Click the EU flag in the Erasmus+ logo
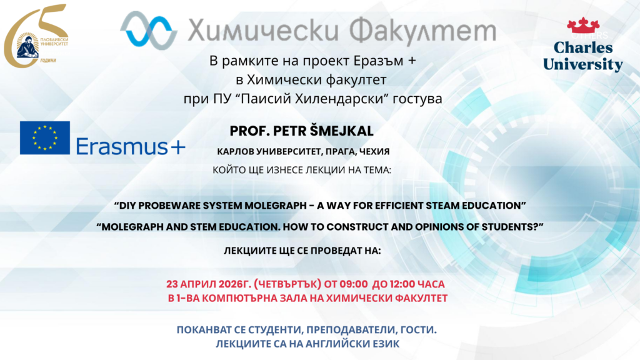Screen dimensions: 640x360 click(x=45, y=138)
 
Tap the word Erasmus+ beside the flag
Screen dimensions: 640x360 click(x=131, y=146)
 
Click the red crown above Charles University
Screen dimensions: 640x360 click(x=583, y=26)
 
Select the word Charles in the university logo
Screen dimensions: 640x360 click(x=583, y=47)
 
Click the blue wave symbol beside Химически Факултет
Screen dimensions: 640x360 click(x=149, y=30)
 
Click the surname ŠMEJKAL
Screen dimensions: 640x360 click(x=342, y=131)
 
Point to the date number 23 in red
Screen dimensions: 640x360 click(x=172, y=284)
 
